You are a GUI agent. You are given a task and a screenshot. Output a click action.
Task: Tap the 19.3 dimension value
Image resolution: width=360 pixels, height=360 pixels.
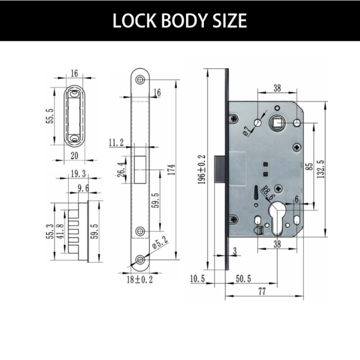(76, 174)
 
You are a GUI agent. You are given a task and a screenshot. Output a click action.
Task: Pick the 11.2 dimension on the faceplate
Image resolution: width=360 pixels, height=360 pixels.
(116, 143)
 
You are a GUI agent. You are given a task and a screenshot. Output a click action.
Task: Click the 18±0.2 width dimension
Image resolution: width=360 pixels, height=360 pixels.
(140, 279)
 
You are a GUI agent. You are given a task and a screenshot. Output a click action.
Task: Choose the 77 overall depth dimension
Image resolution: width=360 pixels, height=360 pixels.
(262, 291)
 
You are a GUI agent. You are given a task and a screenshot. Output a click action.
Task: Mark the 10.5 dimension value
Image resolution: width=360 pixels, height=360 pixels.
(197, 279)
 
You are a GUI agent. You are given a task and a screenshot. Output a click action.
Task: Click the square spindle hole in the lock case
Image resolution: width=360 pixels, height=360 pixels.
(277, 122)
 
